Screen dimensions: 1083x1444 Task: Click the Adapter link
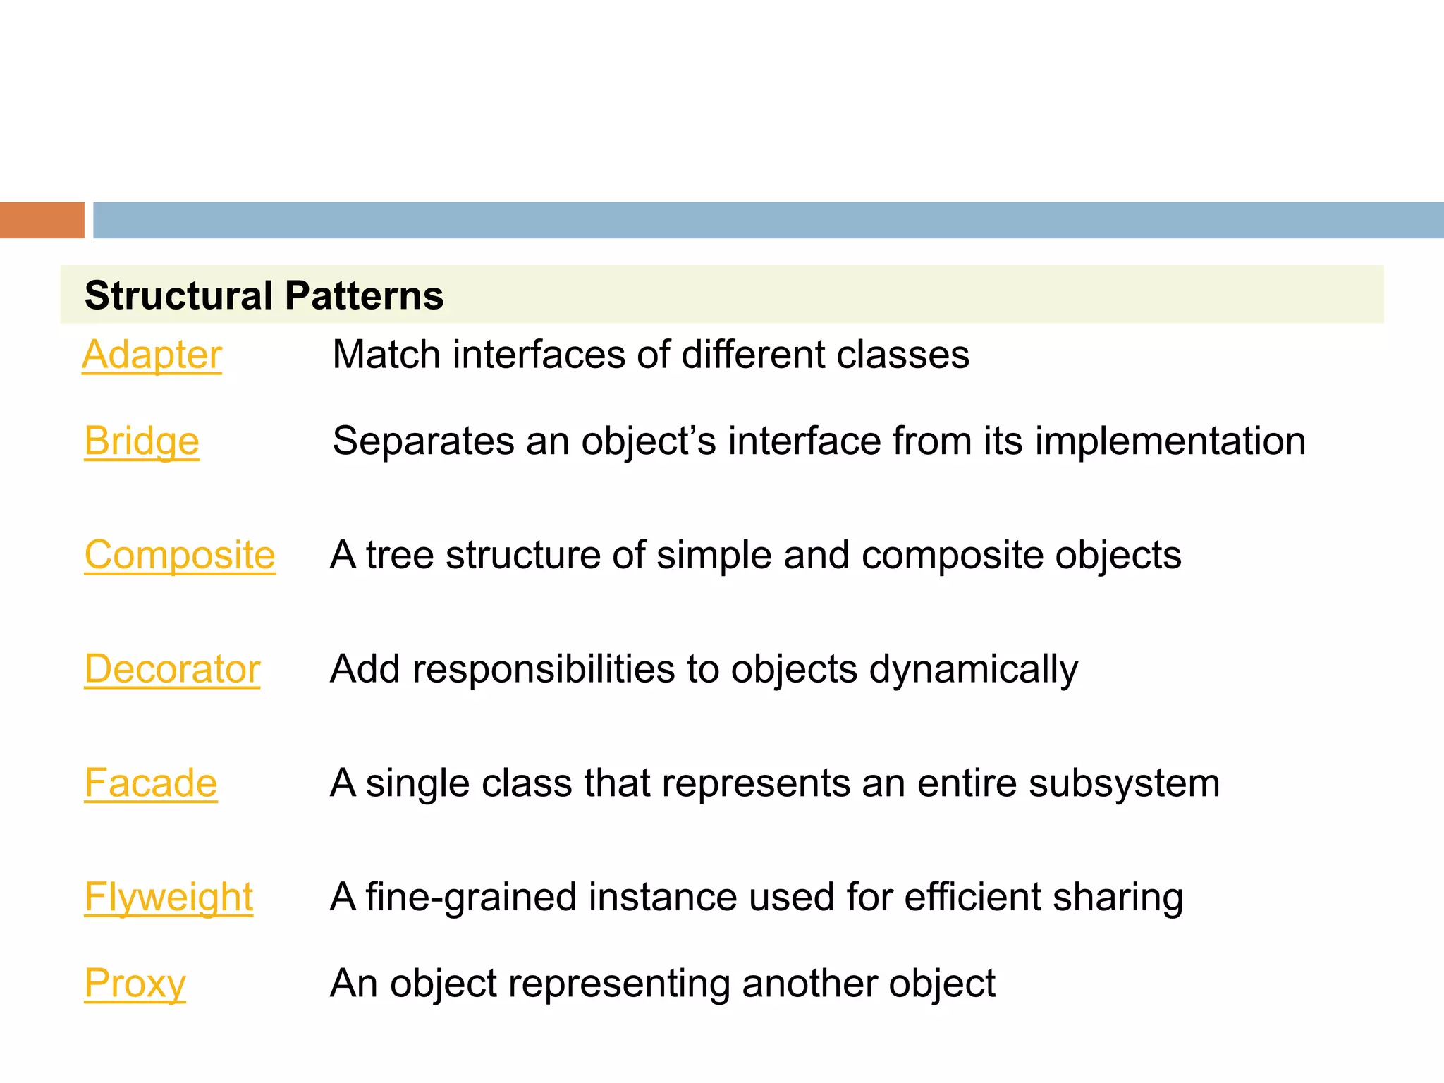(152, 355)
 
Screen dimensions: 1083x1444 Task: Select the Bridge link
(142, 441)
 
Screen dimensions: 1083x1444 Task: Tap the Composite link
(180, 555)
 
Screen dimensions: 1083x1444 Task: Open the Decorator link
(172, 669)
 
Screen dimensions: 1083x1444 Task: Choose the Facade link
(151, 783)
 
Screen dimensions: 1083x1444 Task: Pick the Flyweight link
(169, 897)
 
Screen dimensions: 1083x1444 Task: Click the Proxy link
(135, 984)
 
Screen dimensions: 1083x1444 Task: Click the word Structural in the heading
(178, 295)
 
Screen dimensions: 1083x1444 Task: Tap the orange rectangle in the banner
(42, 220)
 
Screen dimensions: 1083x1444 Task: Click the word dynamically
(973, 669)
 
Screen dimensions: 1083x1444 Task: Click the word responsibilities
(544, 669)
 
